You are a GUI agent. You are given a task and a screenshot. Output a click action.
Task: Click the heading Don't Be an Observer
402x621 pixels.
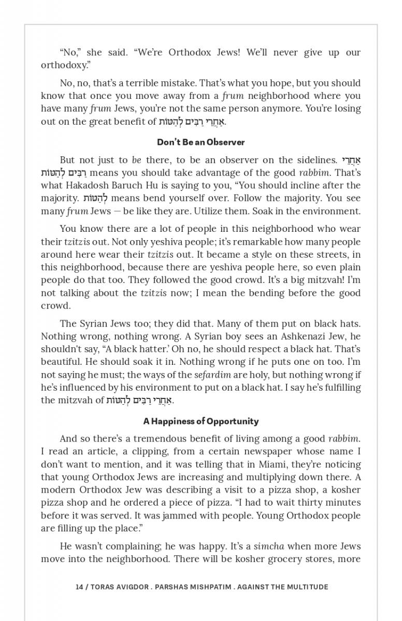pyautogui.click(x=201, y=142)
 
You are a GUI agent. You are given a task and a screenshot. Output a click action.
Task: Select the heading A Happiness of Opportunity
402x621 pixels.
pyautogui.click(x=201, y=421)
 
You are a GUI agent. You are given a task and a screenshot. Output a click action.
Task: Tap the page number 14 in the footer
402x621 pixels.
pyautogui.click(x=79, y=587)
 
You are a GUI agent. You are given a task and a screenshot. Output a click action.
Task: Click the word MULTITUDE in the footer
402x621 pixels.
pyautogui.click(x=307, y=587)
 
